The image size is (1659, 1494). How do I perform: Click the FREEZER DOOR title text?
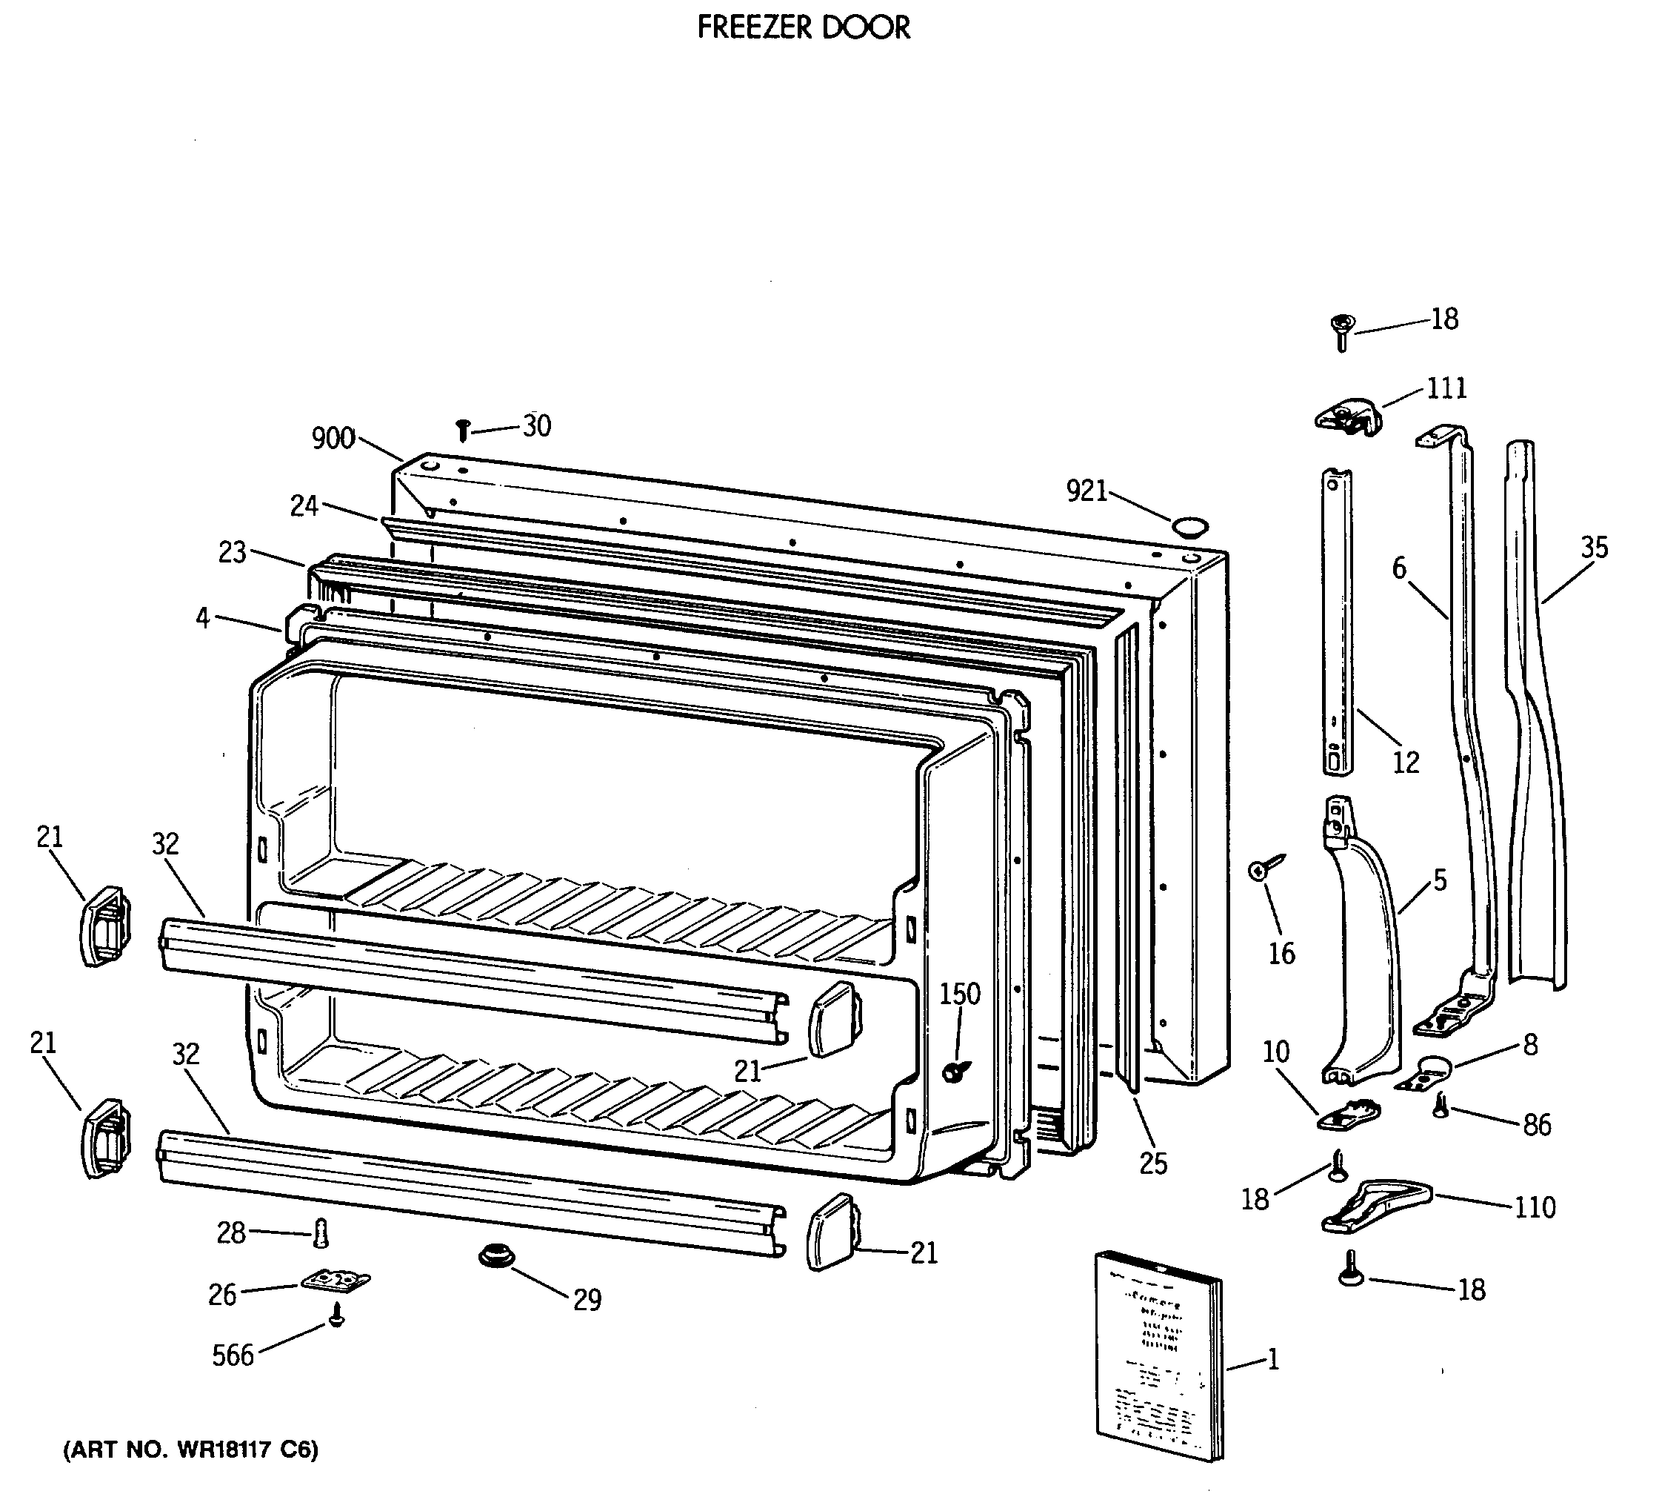[804, 28]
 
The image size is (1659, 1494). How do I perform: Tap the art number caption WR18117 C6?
[190, 1450]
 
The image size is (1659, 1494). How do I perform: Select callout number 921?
[1086, 491]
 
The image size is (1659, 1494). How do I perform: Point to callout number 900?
[333, 439]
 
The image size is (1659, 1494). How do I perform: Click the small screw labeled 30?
[463, 429]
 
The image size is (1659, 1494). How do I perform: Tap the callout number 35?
[1593, 548]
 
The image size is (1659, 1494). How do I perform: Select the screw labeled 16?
[1264, 869]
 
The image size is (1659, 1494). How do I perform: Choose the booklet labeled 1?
[1157, 1367]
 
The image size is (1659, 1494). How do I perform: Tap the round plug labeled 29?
[496, 1257]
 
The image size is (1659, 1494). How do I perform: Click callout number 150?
[959, 994]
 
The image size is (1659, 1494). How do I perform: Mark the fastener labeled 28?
[321, 1232]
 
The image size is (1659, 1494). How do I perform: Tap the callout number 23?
[233, 552]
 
